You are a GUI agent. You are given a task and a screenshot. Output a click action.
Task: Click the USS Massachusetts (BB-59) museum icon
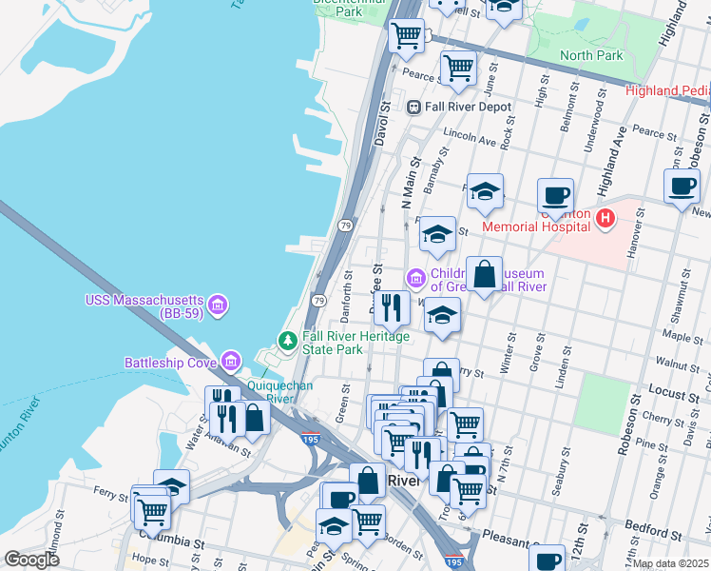(218, 305)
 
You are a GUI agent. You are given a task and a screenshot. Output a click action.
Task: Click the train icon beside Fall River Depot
(414, 108)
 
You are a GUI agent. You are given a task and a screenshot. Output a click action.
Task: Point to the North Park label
(591, 55)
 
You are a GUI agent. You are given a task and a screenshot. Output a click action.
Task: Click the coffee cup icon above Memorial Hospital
(556, 196)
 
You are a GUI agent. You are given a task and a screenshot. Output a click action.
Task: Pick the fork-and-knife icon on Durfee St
(391, 307)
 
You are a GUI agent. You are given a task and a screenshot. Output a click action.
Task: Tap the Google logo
(31, 560)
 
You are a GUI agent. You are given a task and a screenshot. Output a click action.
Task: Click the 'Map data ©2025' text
(670, 563)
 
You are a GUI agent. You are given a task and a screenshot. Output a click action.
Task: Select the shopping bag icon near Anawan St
(256, 418)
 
